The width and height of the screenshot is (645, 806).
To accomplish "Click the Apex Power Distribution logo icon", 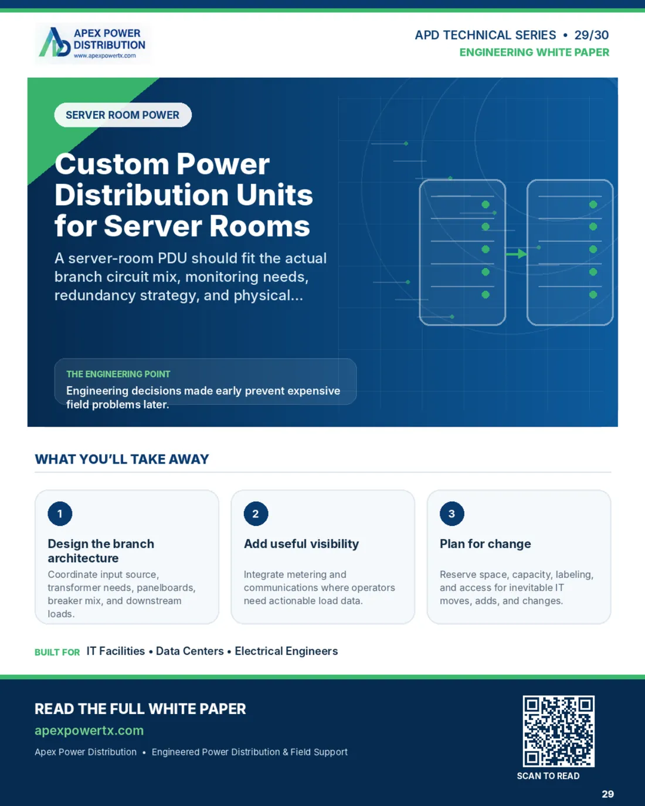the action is [55, 42].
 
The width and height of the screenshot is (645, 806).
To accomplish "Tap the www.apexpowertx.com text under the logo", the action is [104, 56].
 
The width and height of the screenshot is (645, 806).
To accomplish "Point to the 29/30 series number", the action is [592, 35].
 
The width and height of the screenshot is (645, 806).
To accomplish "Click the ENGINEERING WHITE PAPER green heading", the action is [534, 52].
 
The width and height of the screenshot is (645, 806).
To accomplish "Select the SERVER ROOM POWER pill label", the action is [123, 115].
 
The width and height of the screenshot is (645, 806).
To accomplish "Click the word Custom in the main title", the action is [111, 164].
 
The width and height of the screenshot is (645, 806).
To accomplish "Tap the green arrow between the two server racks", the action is [516, 254].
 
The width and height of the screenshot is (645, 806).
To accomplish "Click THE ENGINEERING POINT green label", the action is [118, 374].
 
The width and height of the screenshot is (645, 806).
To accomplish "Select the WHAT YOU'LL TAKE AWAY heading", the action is [122, 459].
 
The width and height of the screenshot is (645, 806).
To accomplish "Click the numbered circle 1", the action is [60, 513].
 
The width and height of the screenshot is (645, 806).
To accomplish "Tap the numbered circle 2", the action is [256, 513].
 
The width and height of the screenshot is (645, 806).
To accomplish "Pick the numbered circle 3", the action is [452, 513].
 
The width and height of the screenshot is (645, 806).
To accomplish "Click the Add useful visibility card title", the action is [301, 544].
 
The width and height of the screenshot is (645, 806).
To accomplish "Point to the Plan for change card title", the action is [486, 544].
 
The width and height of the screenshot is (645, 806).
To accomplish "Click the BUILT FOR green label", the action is [57, 652].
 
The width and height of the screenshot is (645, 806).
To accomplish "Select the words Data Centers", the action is [189, 651].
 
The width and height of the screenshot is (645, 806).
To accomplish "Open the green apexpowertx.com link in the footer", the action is [89, 730].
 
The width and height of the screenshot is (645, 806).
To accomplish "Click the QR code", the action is [558, 731].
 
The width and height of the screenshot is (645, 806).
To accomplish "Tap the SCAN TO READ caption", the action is [548, 776].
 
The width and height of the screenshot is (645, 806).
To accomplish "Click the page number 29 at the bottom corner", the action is [607, 794].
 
